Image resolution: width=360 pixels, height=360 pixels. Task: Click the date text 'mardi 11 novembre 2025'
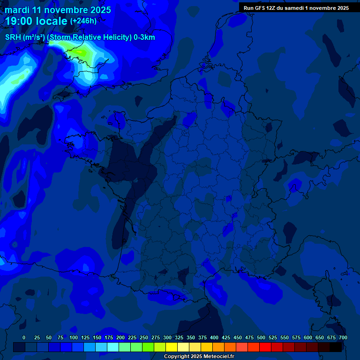58,10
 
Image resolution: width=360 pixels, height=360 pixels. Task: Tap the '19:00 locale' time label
36,21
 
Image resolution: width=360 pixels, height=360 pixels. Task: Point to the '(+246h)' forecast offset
83,21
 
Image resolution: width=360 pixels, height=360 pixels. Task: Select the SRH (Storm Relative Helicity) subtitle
80,37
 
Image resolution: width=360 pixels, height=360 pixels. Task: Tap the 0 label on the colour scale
24,337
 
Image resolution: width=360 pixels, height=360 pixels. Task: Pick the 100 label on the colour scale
74,337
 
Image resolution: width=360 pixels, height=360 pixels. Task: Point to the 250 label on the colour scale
144,337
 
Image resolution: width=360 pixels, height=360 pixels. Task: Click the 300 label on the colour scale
167,337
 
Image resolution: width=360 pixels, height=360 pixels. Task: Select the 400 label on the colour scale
214,337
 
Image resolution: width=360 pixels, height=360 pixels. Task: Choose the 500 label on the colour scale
261,337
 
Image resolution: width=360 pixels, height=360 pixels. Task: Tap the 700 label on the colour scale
343,337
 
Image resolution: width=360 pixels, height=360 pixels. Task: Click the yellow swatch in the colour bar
172,347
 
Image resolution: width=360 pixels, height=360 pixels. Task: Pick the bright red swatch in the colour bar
265,347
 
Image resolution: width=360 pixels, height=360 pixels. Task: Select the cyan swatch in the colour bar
113,347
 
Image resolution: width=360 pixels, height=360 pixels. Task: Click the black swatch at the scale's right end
336,347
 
